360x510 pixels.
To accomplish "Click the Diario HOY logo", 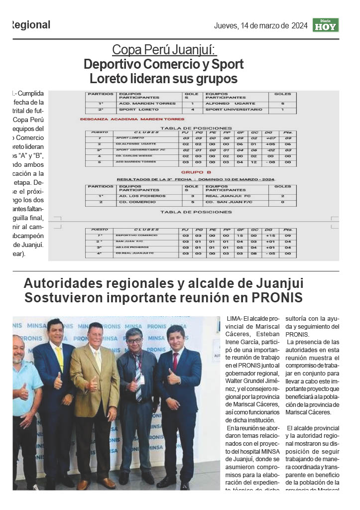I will coord(326,25).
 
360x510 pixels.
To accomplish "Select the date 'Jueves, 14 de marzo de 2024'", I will coord(260,25).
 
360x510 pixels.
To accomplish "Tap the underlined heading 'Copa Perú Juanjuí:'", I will coord(164,50).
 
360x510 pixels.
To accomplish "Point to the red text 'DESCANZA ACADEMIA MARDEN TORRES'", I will coord(132,119).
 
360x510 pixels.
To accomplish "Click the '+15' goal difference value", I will coord(270,235).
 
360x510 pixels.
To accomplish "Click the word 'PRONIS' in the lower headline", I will coord(277,298).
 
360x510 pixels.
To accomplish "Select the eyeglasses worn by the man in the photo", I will coord(133,341).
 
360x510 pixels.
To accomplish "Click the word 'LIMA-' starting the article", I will coord(234,319).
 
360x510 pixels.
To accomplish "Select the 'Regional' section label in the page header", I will coord(30,25).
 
